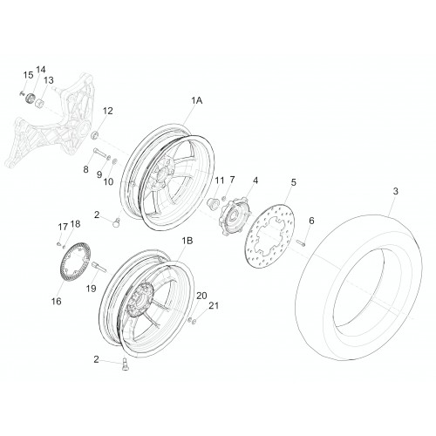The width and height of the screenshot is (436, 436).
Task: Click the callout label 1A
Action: tap(196, 100)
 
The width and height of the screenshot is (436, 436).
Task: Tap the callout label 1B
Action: tap(187, 241)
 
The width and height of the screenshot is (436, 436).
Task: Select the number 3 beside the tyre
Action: tap(395, 191)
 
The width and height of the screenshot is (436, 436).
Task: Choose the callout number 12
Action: tap(107, 111)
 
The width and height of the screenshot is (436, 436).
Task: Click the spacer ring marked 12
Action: tap(95, 134)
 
